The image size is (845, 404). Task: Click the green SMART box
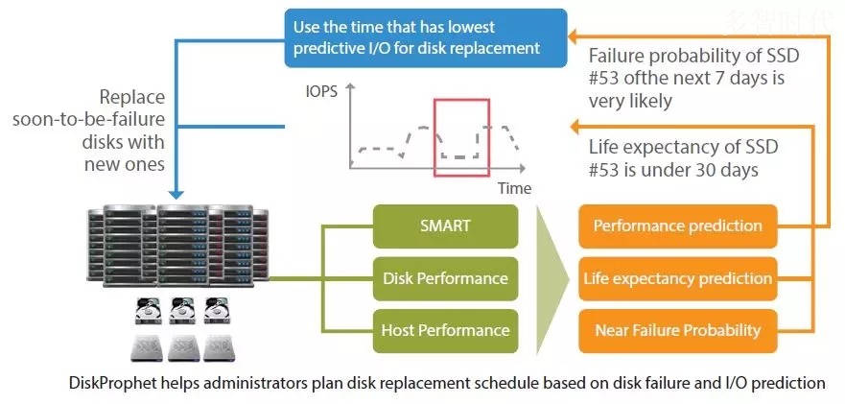pos(445,226)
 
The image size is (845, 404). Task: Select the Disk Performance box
pos(445,278)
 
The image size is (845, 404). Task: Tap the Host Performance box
pos(445,330)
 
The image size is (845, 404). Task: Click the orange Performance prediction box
pos(677,226)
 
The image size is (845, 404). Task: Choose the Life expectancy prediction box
pos(677,278)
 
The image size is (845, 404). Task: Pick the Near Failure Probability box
pos(677,330)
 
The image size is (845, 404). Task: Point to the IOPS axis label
pos(320,93)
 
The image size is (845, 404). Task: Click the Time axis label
pos(514,188)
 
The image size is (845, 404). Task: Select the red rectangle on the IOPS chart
pos(462,137)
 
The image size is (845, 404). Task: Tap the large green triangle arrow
pos(551,278)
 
